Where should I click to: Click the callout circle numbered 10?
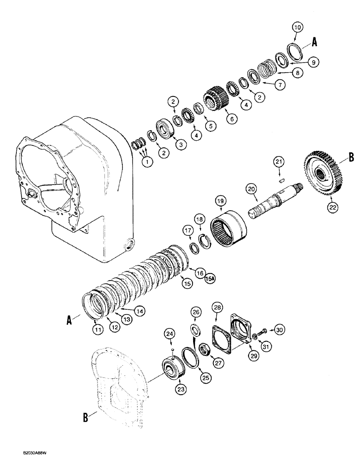pyautogui.click(x=297, y=27)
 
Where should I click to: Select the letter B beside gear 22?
pyautogui.click(x=351, y=158)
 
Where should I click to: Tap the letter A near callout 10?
pyautogui.click(x=314, y=42)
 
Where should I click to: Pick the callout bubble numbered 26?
pyautogui.click(x=196, y=312)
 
